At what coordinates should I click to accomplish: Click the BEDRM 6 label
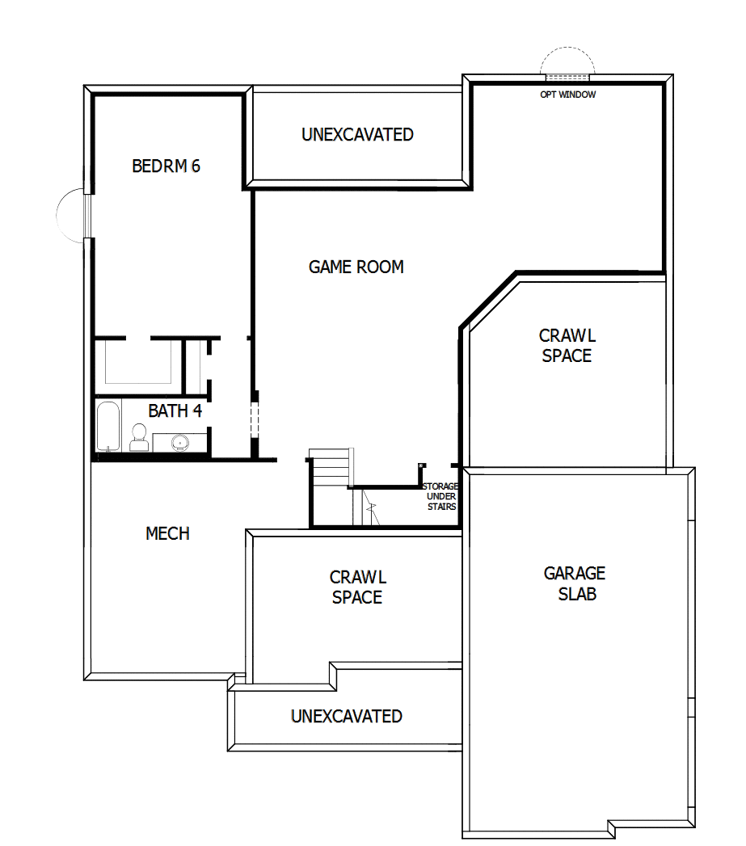[166, 166]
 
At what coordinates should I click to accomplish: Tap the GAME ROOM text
[356, 267]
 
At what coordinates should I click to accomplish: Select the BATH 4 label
[175, 410]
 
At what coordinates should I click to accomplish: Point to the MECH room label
[167, 533]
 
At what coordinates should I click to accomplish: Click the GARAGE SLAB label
[574, 583]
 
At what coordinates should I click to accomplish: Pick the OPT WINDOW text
[568, 95]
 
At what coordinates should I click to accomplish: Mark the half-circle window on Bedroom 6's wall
[71, 215]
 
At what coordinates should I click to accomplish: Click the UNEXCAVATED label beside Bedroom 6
[357, 135]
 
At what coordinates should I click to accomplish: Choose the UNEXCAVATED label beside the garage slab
[346, 716]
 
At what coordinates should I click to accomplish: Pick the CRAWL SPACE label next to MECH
[357, 587]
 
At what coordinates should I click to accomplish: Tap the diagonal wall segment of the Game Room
[488, 299]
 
